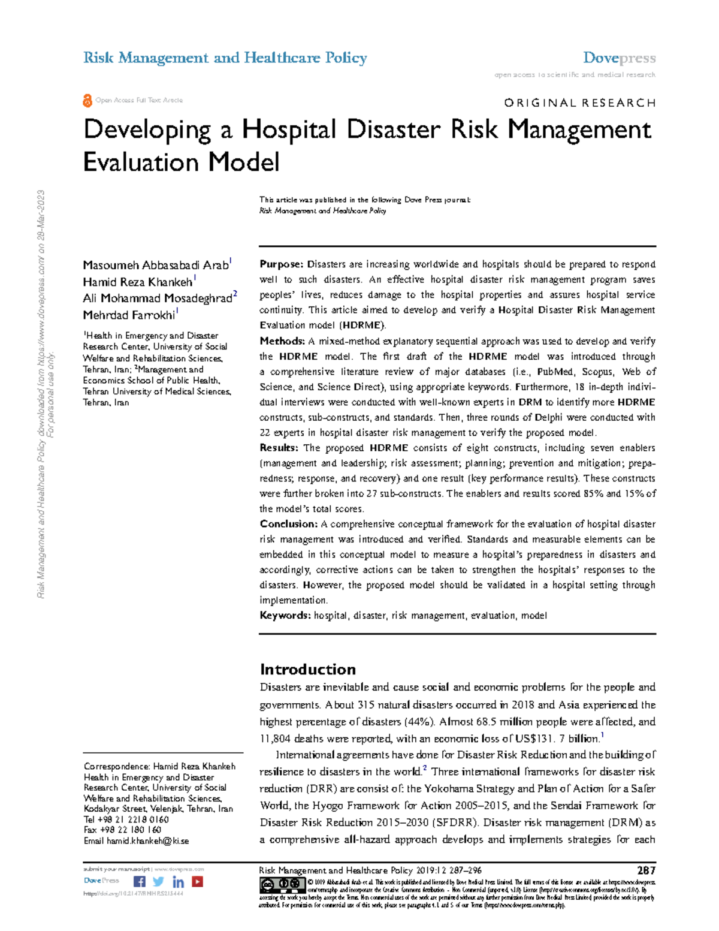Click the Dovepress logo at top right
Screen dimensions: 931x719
619,58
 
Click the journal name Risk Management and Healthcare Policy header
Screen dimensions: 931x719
225,58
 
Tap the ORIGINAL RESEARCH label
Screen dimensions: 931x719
579,103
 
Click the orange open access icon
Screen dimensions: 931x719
87,101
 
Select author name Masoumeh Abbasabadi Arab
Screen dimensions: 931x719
155,265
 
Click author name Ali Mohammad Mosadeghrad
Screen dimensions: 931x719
157,299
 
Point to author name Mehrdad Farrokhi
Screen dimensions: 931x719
129,315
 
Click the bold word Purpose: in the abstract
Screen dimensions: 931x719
282,264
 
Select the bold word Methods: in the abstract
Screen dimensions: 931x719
282,341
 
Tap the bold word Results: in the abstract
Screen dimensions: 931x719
279,448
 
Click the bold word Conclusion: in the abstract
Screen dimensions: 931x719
289,524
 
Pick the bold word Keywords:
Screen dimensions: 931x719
285,616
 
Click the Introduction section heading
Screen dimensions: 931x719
307,670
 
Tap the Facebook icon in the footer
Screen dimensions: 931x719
139,881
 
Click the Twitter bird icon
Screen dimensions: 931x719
158,881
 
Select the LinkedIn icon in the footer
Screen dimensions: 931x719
178,882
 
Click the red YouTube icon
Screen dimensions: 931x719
197,881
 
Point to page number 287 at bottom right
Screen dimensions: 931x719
647,870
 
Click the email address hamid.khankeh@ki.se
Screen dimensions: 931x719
147,841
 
